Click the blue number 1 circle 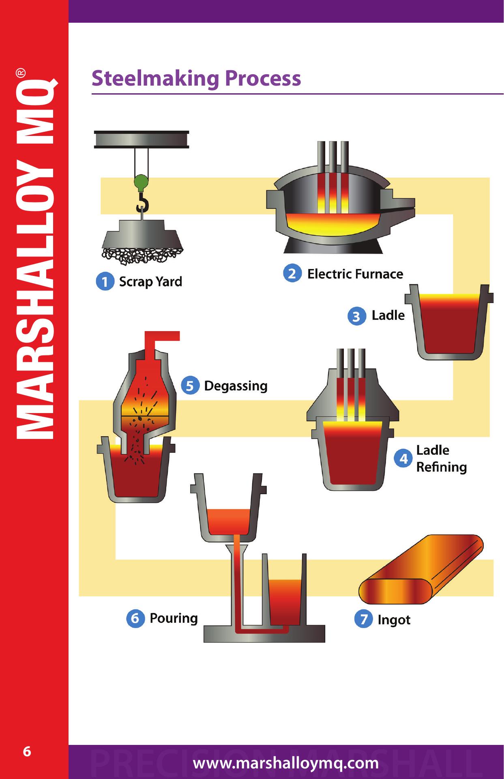click(x=105, y=282)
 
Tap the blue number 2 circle click(x=292, y=274)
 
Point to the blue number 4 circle click(x=404, y=459)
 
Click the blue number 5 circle click(x=190, y=386)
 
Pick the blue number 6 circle click(x=135, y=619)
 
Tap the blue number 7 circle click(x=363, y=620)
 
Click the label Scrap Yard click(x=150, y=282)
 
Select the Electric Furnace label click(x=355, y=274)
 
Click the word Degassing click(x=236, y=386)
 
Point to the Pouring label click(x=174, y=618)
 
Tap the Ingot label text click(x=394, y=620)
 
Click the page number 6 click(x=27, y=752)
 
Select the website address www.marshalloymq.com click(x=286, y=764)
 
